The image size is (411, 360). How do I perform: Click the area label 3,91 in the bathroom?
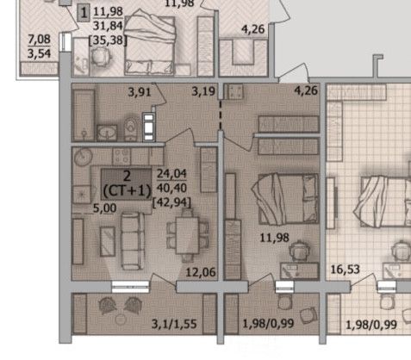tap(140, 92)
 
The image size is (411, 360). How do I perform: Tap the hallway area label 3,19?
tap(203, 91)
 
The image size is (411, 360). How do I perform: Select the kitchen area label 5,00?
tap(105, 208)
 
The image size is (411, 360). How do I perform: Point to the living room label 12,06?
tap(201, 272)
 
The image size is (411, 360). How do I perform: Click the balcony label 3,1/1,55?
tap(174, 324)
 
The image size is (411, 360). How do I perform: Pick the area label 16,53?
tap(346, 270)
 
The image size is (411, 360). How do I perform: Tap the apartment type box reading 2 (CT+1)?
tap(127, 184)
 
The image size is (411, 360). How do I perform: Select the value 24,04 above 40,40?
tap(171, 174)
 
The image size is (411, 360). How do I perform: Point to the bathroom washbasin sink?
tap(107, 133)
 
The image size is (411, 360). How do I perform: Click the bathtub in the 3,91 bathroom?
tap(84, 115)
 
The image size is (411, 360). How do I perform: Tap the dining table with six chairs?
tap(187, 235)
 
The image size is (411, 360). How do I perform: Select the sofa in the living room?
tap(133, 240)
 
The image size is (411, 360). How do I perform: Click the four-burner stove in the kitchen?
tap(121, 157)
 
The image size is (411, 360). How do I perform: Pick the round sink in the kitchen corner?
tap(84, 157)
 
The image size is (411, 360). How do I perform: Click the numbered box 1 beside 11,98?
tap(84, 14)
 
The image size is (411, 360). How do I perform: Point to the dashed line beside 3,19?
tap(221, 115)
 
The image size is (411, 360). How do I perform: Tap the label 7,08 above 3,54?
tap(39, 40)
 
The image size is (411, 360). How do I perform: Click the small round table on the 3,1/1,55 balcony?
tap(121, 320)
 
